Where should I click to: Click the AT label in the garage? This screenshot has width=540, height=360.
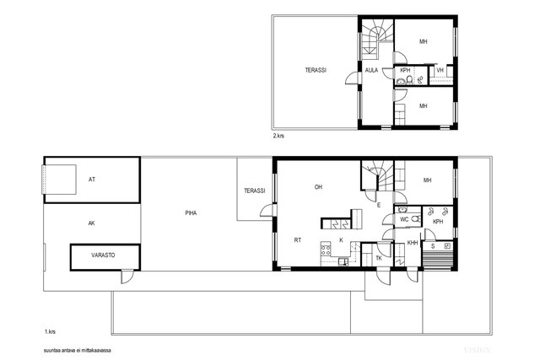click(92, 180)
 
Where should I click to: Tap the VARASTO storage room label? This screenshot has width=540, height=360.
click(103, 255)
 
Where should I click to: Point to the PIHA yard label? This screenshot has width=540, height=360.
click(191, 213)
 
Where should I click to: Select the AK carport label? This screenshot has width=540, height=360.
click(92, 223)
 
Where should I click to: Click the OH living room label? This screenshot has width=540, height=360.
click(318, 187)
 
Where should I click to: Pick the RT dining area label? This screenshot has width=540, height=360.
click(298, 240)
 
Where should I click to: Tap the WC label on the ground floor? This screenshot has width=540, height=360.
click(404, 219)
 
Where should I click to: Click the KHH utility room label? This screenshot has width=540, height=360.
click(413, 243)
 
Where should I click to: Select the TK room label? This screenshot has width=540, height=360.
click(379, 258)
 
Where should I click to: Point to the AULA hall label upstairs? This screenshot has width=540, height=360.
click(371, 70)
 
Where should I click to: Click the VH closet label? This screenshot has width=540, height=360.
click(440, 70)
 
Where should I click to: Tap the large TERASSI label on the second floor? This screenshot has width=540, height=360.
click(316, 70)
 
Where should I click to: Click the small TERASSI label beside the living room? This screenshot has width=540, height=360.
click(255, 191)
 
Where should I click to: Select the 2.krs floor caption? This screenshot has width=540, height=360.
click(278, 136)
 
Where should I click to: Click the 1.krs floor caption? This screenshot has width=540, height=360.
click(50, 332)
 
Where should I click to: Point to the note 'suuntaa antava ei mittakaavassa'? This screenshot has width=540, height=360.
click(78, 351)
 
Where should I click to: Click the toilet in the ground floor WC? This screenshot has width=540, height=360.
click(416, 219)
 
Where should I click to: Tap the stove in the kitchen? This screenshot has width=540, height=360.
click(326, 248)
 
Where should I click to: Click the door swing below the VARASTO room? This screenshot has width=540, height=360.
click(127, 277)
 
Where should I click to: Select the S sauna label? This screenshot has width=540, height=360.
click(433, 246)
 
